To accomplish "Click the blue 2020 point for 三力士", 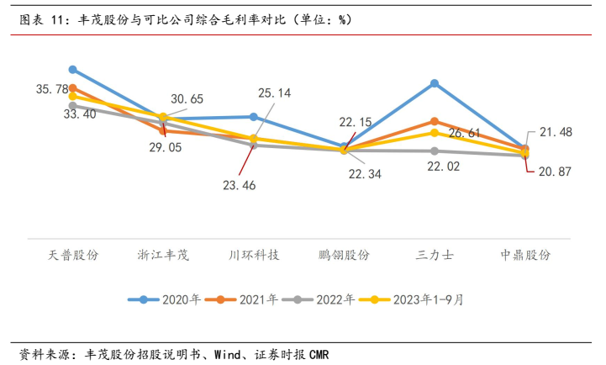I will click(435, 83).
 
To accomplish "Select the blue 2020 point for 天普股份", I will click(73, 70).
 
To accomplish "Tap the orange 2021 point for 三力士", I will click(435, 122).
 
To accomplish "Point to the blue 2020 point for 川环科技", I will click(254, 117).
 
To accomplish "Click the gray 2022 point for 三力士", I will click(435, 151).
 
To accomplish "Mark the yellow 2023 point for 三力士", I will click(435, 133).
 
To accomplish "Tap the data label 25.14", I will click(274, 93).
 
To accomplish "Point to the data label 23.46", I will click(240, 185).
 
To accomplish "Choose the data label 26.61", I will click(464, 133).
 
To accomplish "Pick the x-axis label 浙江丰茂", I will click(163, 255).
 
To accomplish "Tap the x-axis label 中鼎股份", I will click(524, 255).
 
